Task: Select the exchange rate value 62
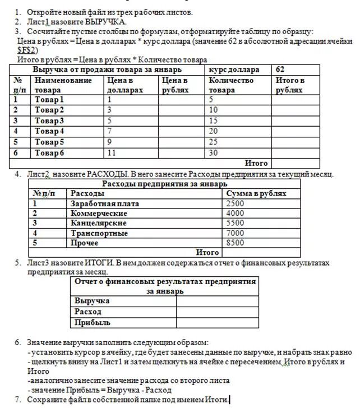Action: [280, 70]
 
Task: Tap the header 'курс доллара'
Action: [234, 70]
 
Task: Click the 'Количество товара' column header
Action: [230, 85]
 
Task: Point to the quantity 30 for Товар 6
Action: [213, 152]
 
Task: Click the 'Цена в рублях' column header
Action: [174, 85]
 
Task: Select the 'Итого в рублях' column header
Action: [290, 85]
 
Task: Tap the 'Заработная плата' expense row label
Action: [104, 203]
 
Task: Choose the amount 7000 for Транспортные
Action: [235, 233]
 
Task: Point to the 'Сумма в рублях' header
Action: [256, 193]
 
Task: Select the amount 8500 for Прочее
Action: [235, 243]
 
